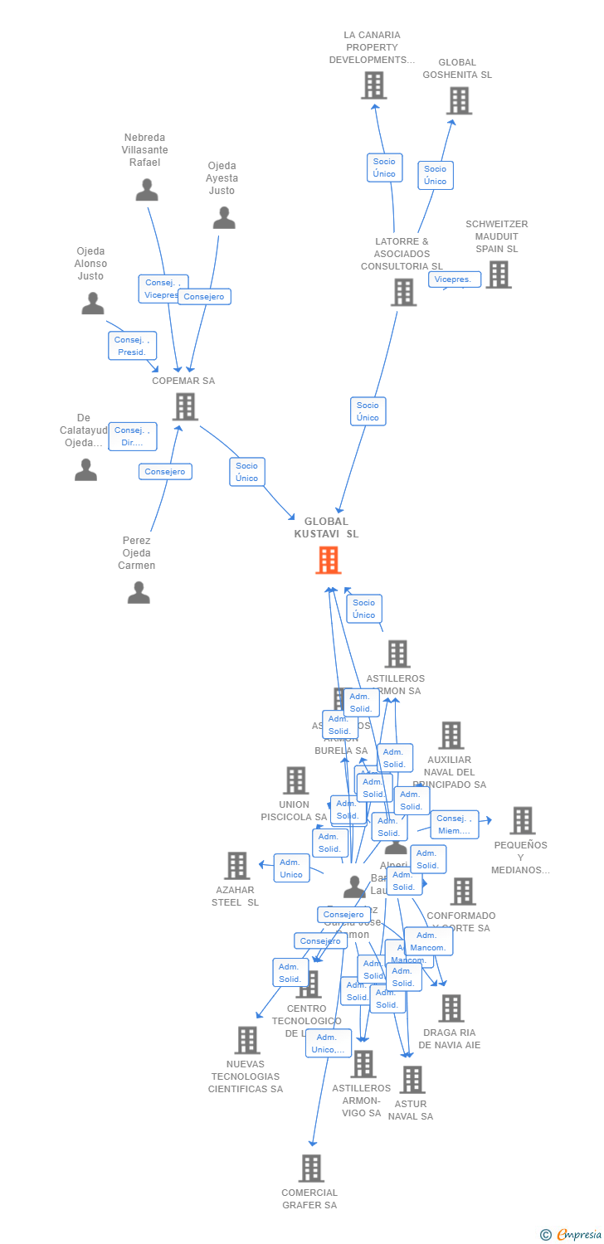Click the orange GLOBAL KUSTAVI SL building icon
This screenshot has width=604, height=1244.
click(x=329, y=561)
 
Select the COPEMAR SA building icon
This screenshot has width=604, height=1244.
click(x=185, y=406)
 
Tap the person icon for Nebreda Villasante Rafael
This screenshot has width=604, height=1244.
click(x=147, y=190)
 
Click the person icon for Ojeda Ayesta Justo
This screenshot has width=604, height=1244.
click(x=224, y=218)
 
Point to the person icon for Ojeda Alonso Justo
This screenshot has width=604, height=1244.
click(x=93, y=304)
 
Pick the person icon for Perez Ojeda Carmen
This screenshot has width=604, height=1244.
click(x=139, y=592)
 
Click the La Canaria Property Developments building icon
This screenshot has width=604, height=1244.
click(x=374, y=85)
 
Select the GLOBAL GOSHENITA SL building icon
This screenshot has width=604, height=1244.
click(x=459, y=100)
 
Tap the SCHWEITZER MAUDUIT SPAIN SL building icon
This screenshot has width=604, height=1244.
click(x=498, y=275)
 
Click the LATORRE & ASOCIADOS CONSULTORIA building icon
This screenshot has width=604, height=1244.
click(x=403, y=292)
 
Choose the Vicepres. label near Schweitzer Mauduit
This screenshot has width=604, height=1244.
click(x=454, y=279)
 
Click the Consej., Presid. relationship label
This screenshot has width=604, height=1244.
click(x=132, y=346)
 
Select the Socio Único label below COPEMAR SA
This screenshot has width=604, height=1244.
click(x=246, y=472)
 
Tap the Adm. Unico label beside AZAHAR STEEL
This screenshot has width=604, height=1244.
click(x=291, y=868)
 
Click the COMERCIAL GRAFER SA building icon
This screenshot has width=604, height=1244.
click(x=311, y=1168)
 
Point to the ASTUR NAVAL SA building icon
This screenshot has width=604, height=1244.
click(x=412, y=1079)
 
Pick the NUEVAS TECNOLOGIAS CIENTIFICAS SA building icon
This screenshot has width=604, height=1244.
click(x=247, y=1040)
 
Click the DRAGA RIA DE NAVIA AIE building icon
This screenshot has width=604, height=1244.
click(x=451, y=1008)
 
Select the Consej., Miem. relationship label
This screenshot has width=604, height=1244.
click(x=454, y=824)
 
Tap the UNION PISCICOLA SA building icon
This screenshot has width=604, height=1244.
click(x=296, y=780)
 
